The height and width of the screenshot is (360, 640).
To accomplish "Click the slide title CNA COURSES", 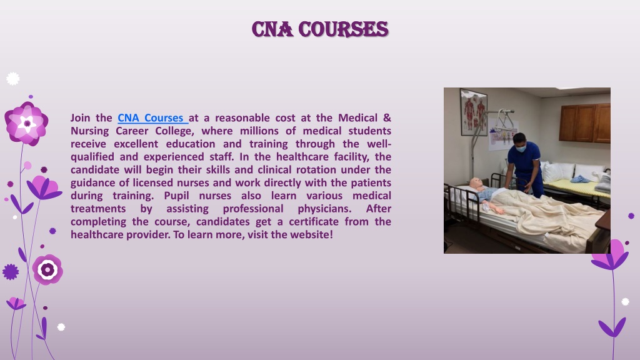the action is (x=320, y=29).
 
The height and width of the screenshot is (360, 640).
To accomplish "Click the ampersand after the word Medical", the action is (x=387, y=118).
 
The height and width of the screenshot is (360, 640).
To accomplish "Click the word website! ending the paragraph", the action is (x=311, y=235).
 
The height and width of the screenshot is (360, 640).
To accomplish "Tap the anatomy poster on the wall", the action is (x=474, y=112).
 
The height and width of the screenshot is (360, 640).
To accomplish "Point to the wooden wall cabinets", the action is (x=584, y=122).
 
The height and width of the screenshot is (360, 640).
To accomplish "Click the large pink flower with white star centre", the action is (x=26, y=124).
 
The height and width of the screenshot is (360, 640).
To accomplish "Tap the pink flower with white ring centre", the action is (x=47, y=269).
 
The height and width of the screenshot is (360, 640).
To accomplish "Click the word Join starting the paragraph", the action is (x=80, y=118).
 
